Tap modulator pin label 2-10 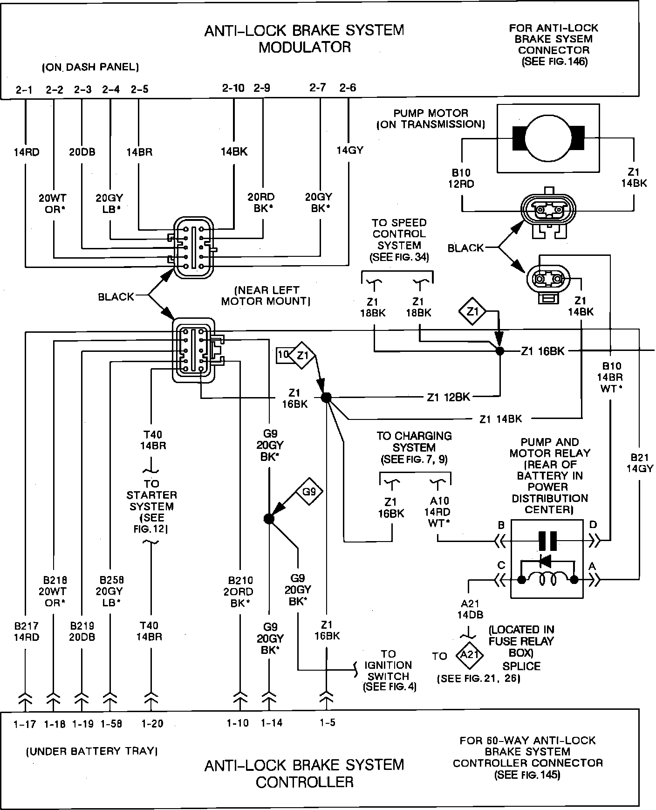(x=233, y=88)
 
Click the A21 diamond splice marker (x=470, y=655)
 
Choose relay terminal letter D (x=593, y=525)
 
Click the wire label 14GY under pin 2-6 (x=349, y=150)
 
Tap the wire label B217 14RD (x=26, y=632)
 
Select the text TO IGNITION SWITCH (x=389, y=670)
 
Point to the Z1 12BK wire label (x=448, y=397)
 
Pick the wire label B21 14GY (x=640, y=463)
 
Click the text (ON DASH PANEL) (x=90, y=67)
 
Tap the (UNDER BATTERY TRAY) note (x=91, y=751)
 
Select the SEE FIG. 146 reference (x=554, y=62)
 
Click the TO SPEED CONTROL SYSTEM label (x=399, y=240)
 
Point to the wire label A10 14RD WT (x=439, y=512)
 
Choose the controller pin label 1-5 (x=328, y=723)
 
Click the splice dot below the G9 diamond (x=269, y=518)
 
